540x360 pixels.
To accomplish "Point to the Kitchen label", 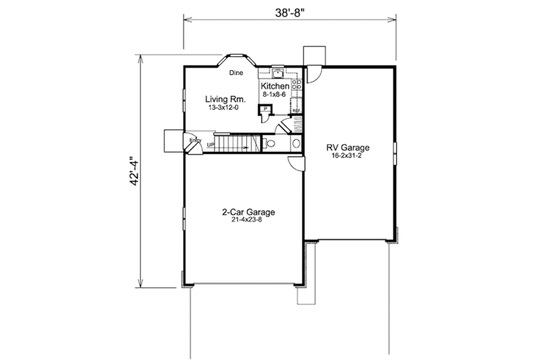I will [x=275, y=87].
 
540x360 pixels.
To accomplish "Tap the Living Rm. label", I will [x=225, y=99].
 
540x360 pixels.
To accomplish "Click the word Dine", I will [x=236, y=72].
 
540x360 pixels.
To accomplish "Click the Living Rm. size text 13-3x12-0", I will [x=225, y=107].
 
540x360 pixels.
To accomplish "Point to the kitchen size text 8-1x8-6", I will [x=275, y=95].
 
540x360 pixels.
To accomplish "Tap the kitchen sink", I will [x=278, y=72].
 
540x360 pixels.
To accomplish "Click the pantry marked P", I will [x=267, y=109].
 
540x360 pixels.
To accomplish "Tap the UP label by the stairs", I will [x=211, y=145].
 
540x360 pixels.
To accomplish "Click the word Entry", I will [x=195, y=140].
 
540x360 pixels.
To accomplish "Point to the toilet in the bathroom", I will [x=269, y=144].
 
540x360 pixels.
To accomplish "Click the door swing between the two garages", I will [x=296, y=162].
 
